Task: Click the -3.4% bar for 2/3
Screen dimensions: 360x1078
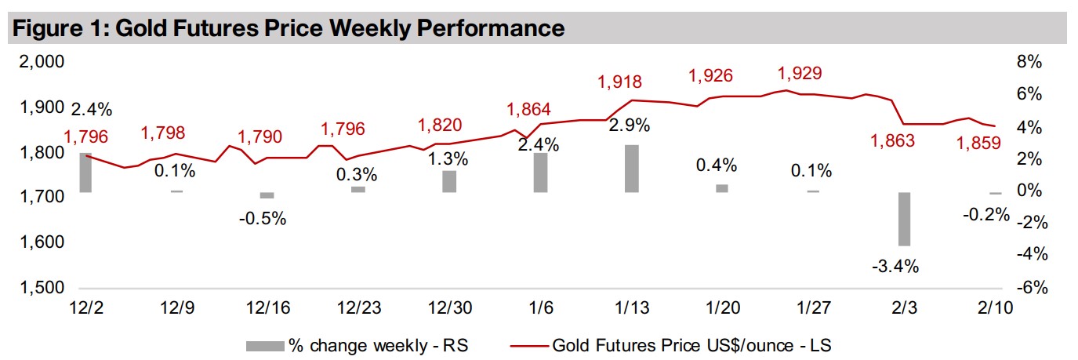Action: click(x=904, y=219)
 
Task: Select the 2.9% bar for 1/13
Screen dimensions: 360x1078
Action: click(x=631, y=169)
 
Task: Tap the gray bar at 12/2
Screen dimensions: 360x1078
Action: click(x=85, y=173)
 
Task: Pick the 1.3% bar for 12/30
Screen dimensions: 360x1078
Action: click(x=449, y=181)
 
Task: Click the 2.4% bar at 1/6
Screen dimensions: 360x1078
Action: click(x=540, y=173)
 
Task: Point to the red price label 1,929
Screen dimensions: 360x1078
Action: click(x=800, y=74)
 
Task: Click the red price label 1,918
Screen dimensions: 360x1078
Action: click(x=619, y=82)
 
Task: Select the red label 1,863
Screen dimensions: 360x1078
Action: click(x=893, y=142)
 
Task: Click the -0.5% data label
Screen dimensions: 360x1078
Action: click(x=263, y=219)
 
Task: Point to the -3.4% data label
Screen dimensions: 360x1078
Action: click(x=895, y=267)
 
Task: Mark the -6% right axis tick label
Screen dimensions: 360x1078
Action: click(x=1031, y=288)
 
